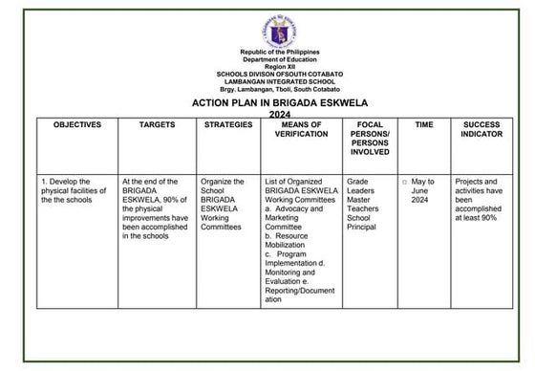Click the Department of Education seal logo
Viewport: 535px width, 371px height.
[x=280, y=31]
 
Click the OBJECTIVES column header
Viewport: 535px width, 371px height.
[x=76, y=125]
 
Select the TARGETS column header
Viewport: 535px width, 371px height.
[x=157, y=125]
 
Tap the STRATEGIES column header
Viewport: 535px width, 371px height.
[x=228, y=125]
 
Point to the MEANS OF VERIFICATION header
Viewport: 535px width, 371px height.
[x=301, y=130]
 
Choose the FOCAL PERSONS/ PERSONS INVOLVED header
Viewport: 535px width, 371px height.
[x=370, y=138]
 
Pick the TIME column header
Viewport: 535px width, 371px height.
[x=423, y=125]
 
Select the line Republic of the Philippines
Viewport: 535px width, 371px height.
[x=280, y=52]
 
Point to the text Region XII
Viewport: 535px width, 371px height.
[x=280, y=66]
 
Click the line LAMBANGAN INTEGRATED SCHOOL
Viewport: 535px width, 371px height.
[x=280, y=81]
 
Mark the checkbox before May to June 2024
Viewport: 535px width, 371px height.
[x=404, y=182]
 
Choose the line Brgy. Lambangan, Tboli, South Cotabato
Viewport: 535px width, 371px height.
[x=280, y=89]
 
